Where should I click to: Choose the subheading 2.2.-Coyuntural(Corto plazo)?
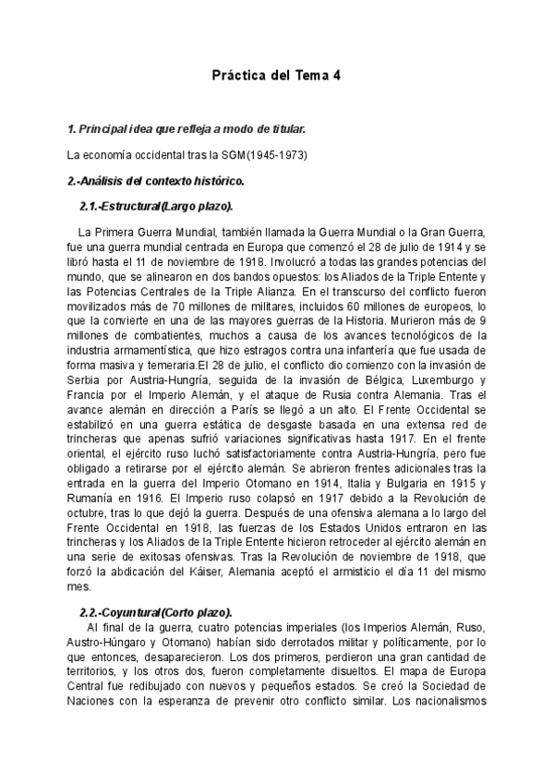157,612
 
